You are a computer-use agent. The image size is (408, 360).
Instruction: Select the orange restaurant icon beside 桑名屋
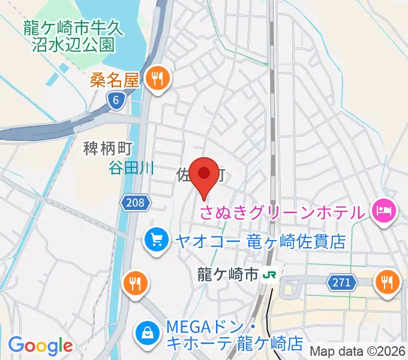click(x=158, y=79)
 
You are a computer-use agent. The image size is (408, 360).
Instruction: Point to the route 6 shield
click(x=116, y=101)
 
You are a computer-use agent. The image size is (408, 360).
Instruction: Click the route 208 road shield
click(x=136, y=203)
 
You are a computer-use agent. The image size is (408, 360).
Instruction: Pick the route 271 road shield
click(x=340, y=281)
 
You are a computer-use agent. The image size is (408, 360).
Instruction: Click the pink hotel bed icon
click(x=383, y=210)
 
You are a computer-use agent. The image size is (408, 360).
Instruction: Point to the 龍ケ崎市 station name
click(x=227, y=274)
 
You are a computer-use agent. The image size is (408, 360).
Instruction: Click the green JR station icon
click(x=271, y=275)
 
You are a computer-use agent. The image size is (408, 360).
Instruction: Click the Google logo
click(x=40, y=346)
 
